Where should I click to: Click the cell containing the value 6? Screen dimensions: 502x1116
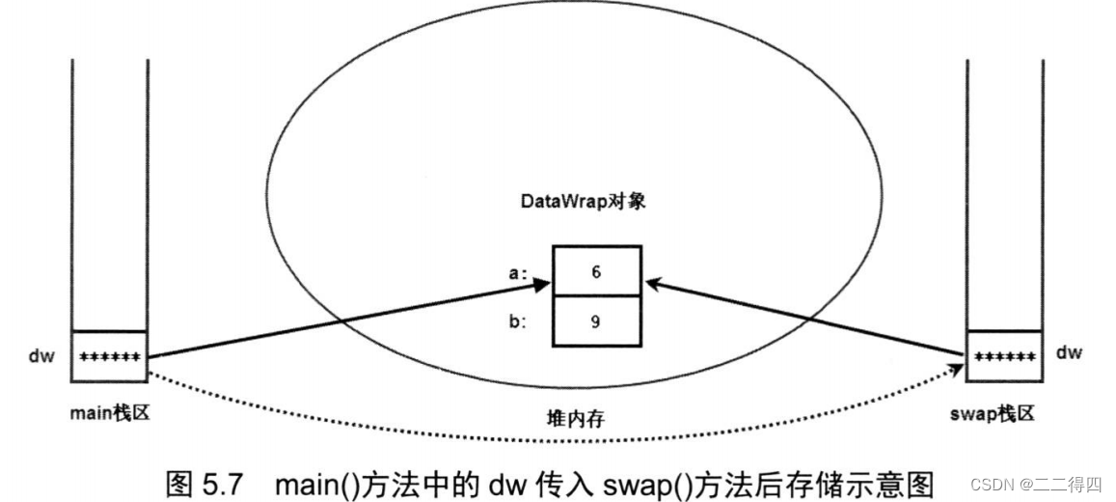click(x=596, y=271)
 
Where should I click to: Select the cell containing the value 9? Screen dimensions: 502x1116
click(x=596, y=321)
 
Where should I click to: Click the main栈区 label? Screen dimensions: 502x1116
click(x=110, y=414)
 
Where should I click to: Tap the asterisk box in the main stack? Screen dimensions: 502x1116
click(x=110, y=357)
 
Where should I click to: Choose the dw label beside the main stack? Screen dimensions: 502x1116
click(x=42, y=356)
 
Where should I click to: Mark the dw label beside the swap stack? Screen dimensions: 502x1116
click(x=1069, y=353)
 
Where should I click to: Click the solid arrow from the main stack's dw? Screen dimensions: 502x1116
click(x=347, y=320)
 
